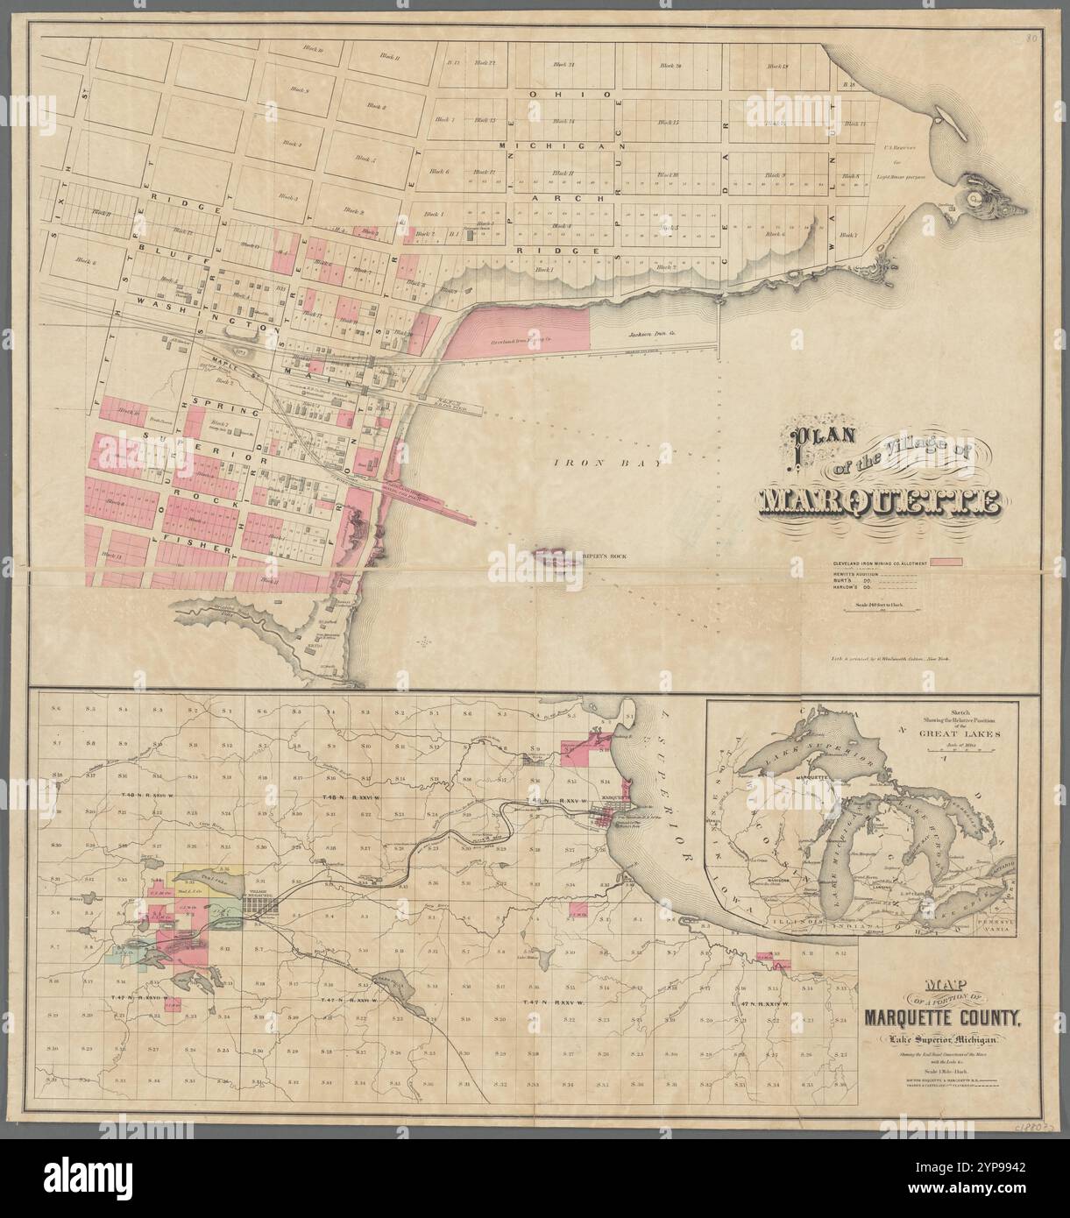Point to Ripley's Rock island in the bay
click(555, 556)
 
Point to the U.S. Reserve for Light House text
click(902, 162)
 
